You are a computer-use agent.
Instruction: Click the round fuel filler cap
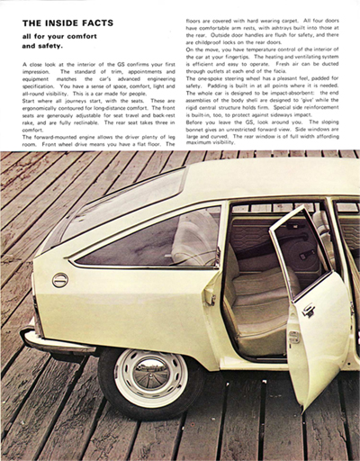pos(60,280)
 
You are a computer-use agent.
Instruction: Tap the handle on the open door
pos(308,311)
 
